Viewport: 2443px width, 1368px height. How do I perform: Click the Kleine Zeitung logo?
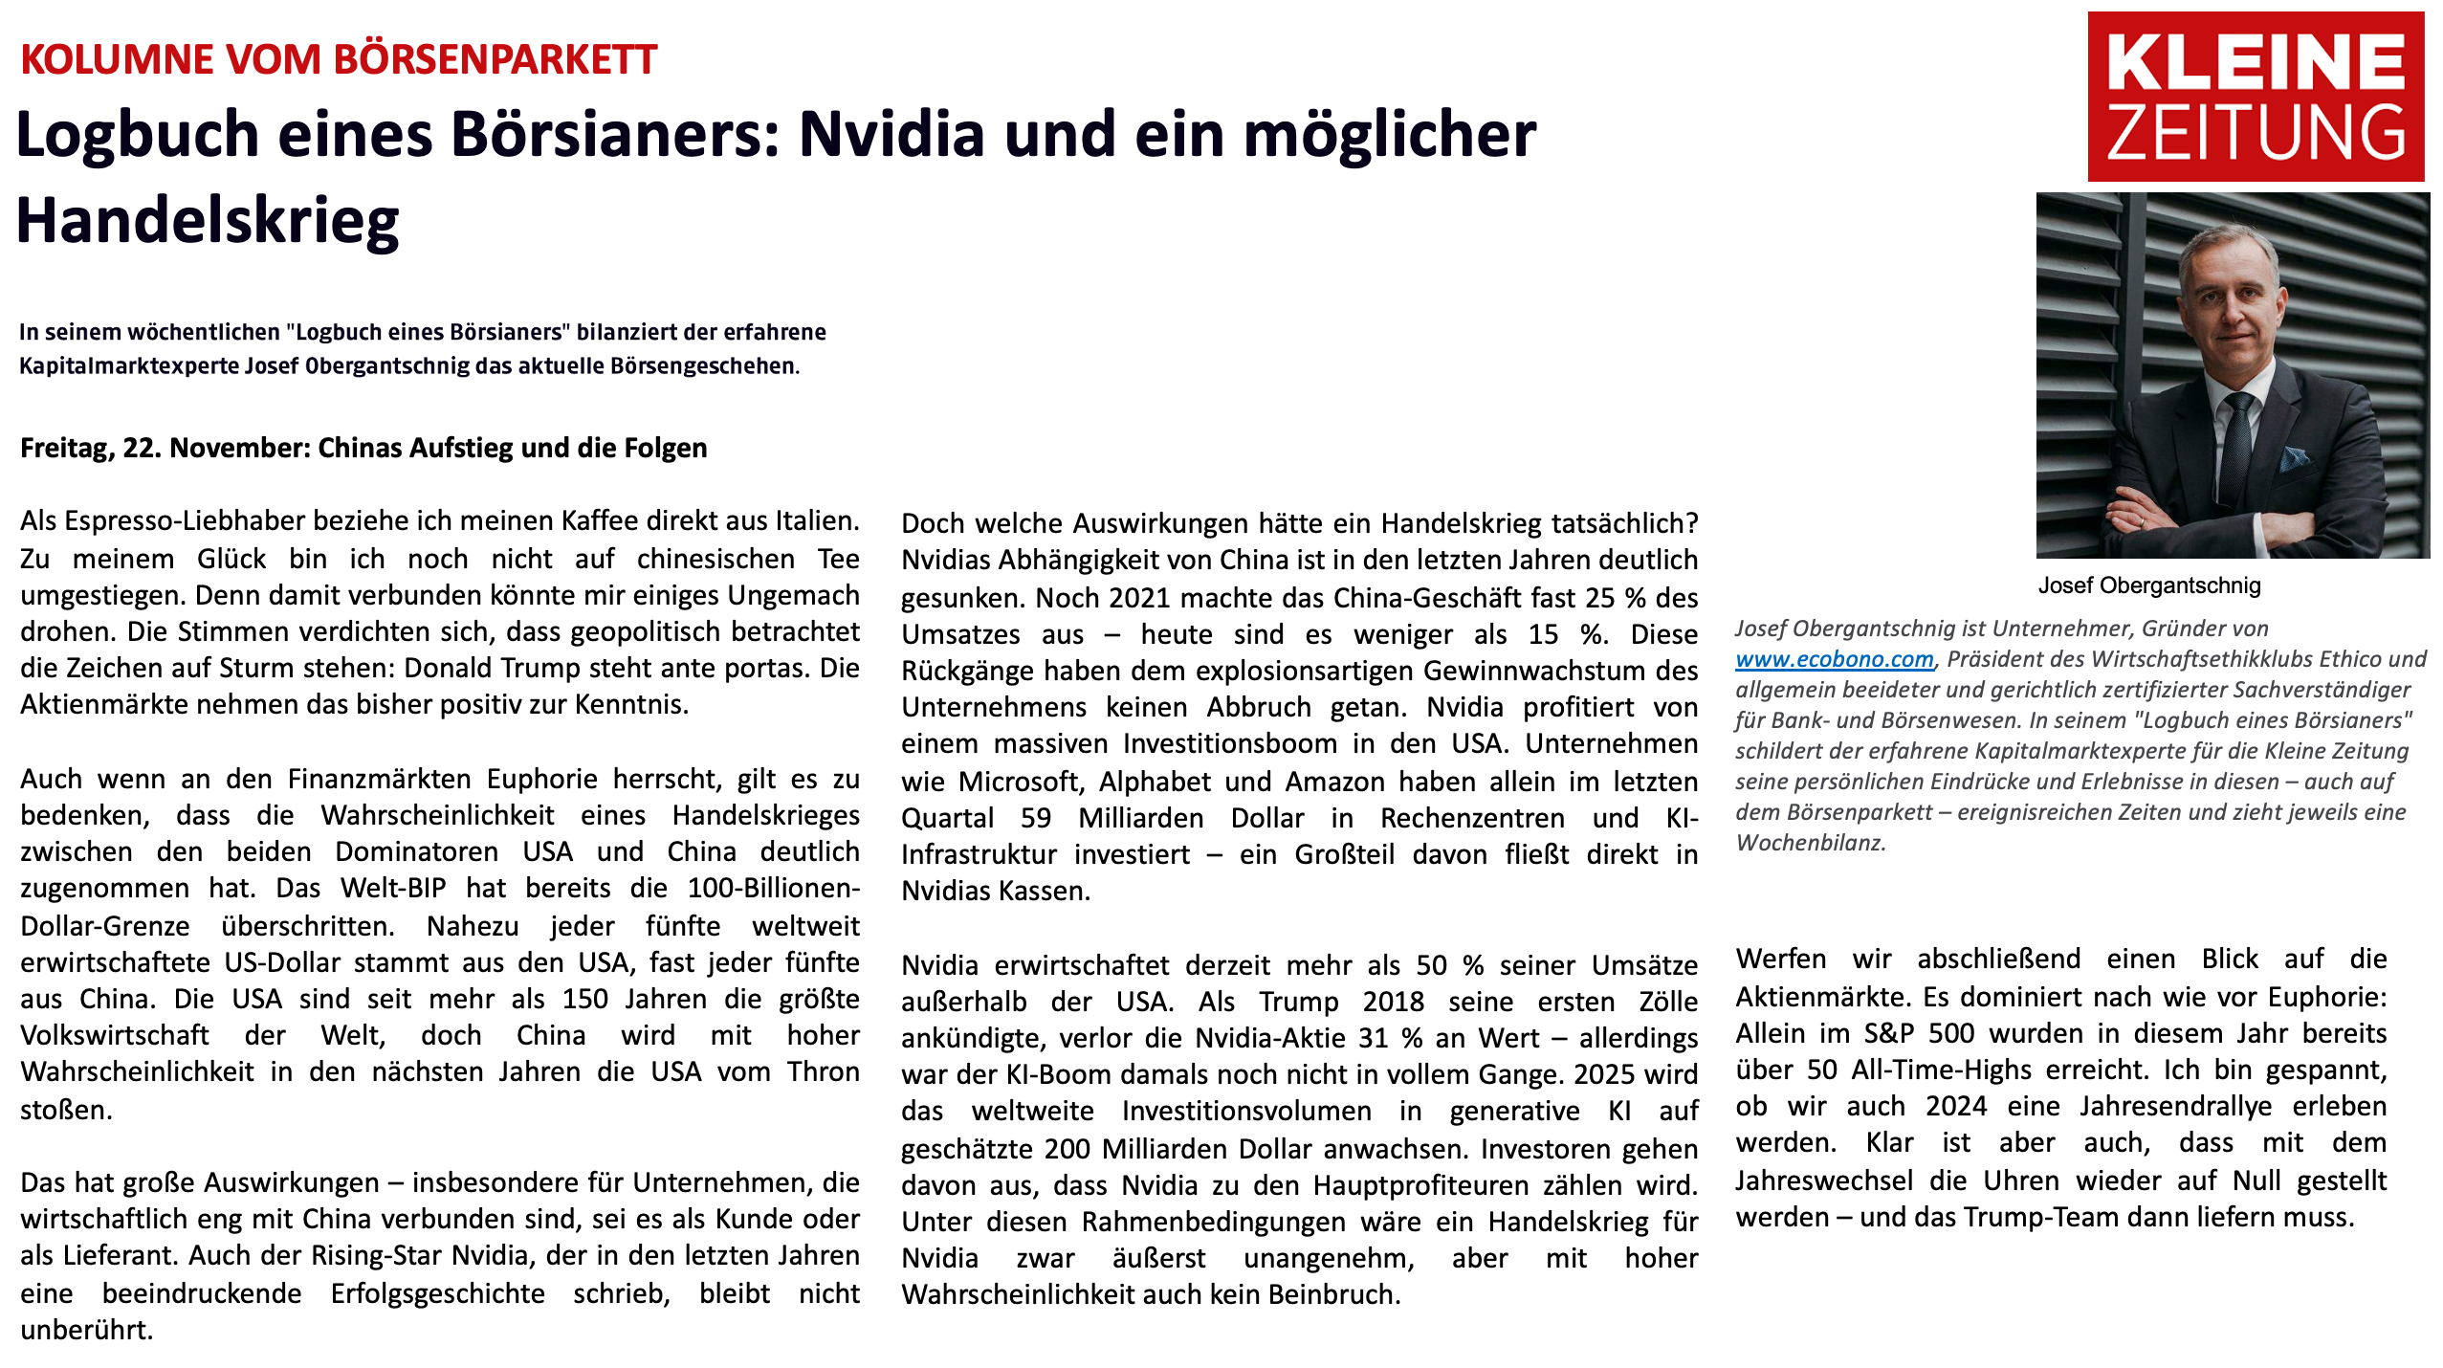coord(2255,97)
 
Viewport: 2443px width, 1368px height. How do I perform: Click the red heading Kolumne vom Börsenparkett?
coord(339,59)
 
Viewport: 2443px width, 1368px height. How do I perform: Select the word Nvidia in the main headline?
coord(891,134)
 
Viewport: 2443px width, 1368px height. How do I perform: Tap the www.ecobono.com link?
coord(1834,659)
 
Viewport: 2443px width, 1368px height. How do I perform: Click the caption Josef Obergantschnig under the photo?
coord(2148,585)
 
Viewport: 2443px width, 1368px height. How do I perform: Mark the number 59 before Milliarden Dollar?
coord(1035,818)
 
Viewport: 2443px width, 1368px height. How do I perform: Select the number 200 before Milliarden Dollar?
coord(1068,1148)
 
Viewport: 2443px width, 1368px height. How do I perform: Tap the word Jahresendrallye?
coord(2175,1107)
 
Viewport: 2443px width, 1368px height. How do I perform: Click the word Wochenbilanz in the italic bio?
coord(1810,843)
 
